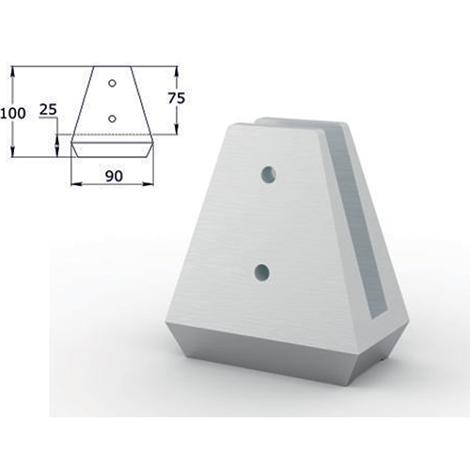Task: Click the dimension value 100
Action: point(13,114)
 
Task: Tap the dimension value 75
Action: point(177,99)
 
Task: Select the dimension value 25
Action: point(48,110)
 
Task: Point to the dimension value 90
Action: point(114,176)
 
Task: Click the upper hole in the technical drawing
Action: point(112,84)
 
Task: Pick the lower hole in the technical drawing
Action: point(112,118)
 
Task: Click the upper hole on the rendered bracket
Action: point(269,174)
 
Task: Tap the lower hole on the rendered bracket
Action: point(262,273)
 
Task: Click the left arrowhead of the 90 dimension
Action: point(76,184)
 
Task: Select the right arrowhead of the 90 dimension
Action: point(149,184)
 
